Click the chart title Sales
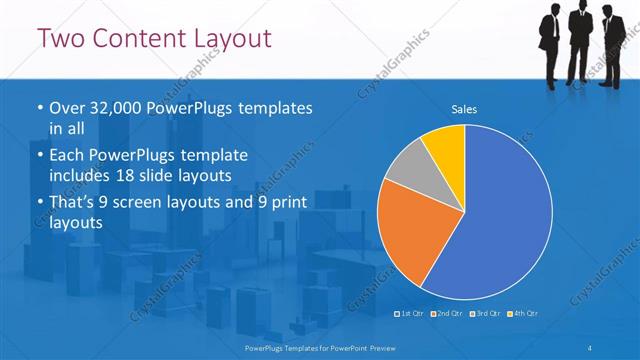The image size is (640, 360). pos(464,109)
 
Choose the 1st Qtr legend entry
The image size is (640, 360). pos(410,315)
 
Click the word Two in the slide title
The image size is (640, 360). pos(61,39)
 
